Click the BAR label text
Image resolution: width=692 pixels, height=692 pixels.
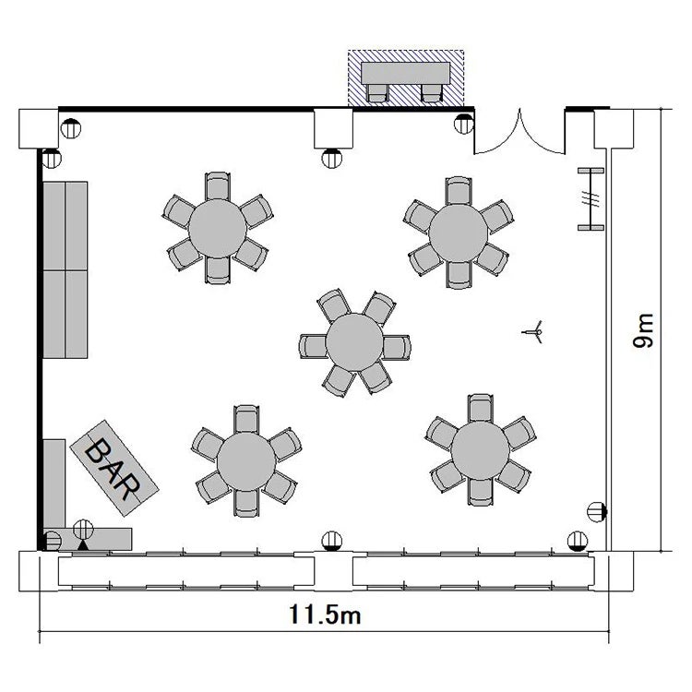click(x=113, y=469)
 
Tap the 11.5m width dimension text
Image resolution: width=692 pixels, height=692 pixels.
click(x=325, y=614)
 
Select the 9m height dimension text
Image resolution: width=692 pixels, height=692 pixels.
click(x=643, y=330)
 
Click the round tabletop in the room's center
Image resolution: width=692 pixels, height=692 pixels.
click(x=354, y=342)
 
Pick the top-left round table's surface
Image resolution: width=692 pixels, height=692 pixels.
click(x=218, y=228)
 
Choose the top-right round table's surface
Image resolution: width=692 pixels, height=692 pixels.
click(x=459, y=234)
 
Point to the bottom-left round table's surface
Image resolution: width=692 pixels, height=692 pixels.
click(x=246, y=461)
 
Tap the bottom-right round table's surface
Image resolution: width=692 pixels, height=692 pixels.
click(x=480, y=450)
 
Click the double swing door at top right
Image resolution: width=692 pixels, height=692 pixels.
click(x=519, y=132)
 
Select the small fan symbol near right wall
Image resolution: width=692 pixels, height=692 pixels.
click(x=533, y=332)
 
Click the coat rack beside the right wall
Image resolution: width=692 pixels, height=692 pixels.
click(x=591, y=199)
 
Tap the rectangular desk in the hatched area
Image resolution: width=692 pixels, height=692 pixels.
click(x=406, y=73)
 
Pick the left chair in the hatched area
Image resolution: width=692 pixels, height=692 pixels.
click(x=377, y=93)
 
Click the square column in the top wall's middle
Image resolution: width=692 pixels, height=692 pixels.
click(x=334, y=128)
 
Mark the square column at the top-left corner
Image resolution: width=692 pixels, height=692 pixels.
click(x=39, y=128)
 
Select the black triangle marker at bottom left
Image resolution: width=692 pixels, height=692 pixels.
click(x=83, y=545)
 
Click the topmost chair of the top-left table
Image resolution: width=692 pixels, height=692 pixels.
click(x=218, y=186)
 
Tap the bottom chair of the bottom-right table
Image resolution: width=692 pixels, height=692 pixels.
click(x=480, y=492)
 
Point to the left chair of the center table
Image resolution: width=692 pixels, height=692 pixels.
click(x=314, y=346)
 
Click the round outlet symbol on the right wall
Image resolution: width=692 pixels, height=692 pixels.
click(x=597, y=512)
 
